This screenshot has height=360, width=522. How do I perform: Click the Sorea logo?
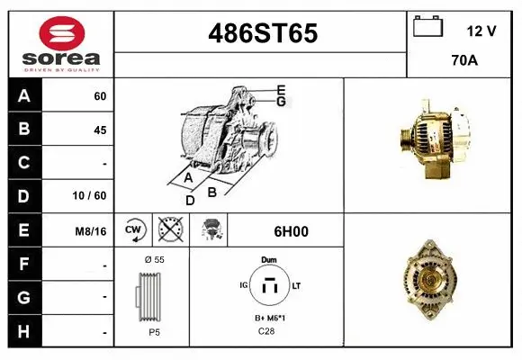coord(60,44)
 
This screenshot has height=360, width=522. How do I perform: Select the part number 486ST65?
coord(262,33)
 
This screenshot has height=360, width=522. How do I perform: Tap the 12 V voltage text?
coord(481,31)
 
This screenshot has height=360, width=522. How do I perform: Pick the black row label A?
coord(24,96)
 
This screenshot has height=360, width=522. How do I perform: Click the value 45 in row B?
coord(99,130)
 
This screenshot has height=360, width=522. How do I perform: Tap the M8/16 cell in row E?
coord(91,230)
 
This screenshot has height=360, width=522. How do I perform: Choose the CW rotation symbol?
coord(134,230)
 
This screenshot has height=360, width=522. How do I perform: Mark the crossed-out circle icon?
coord(170,230)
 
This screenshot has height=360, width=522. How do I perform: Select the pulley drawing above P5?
coord(150,296)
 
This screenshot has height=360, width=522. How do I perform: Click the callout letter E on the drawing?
coord(281,90)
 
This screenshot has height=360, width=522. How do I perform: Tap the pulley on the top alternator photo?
coord(406,136)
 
